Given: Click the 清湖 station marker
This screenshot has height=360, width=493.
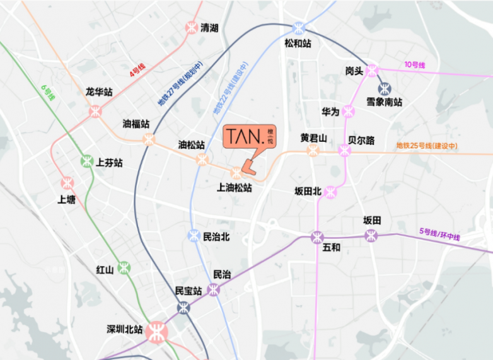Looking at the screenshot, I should coord(191,28).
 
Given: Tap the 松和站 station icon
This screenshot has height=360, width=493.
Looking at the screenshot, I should coord(298,28).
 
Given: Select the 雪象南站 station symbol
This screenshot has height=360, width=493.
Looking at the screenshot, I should coord(383,89).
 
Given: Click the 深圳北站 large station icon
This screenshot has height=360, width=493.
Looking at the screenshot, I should coord(156,331).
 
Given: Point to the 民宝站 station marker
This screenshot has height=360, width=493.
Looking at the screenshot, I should coord(183,307).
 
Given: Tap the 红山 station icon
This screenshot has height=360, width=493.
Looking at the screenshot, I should coord(124,267).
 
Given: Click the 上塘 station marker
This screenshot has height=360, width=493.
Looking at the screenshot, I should coord(67,183).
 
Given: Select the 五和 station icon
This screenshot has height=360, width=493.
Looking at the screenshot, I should coord(317,237).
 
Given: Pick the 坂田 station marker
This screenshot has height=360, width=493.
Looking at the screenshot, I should coord(372,236).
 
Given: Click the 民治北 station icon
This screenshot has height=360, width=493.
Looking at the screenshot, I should coord(194,236).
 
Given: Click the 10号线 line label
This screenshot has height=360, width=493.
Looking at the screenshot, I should coord(415,65).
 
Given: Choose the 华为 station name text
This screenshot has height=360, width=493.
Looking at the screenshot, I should coord(330,112).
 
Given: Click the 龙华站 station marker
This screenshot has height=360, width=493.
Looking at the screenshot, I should coord(95,111).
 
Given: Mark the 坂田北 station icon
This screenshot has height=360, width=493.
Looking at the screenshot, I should coord(330,192).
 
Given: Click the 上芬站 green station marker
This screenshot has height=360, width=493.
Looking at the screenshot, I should coord(87,161).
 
